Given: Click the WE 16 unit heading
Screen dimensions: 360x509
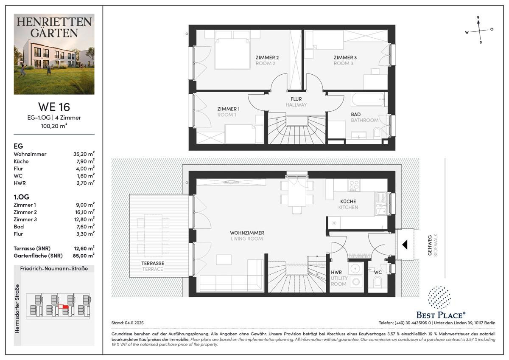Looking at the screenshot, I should pos(54,107).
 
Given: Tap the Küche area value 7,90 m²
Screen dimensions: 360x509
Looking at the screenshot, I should pos(84,161).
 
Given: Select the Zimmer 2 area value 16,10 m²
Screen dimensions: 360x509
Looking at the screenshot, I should pos(84,212).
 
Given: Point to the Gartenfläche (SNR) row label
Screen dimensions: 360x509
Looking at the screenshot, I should pos(38,256).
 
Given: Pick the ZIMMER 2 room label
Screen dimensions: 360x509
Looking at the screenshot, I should pos(267,58).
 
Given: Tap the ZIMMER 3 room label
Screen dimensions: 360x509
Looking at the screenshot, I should pos(345,58).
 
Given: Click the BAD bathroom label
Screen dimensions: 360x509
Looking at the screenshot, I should pos(356,114).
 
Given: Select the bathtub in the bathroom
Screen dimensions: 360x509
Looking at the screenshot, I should pos(368,101).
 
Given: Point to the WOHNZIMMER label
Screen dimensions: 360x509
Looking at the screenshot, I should pos(247,233).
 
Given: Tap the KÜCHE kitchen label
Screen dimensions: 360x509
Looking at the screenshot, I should pos(348,202).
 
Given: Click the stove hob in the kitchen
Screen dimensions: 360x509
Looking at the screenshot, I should pos(354,185).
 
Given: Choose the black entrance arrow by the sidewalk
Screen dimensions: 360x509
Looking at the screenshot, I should pos(405,245).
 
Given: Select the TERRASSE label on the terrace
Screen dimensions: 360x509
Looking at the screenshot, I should pos(153,263).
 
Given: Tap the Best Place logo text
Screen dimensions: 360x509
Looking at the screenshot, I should pos(440,315).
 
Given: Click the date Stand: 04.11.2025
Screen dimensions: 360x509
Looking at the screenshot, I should pos(127,323).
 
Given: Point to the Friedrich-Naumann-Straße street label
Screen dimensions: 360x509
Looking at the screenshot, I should pos(54,269).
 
